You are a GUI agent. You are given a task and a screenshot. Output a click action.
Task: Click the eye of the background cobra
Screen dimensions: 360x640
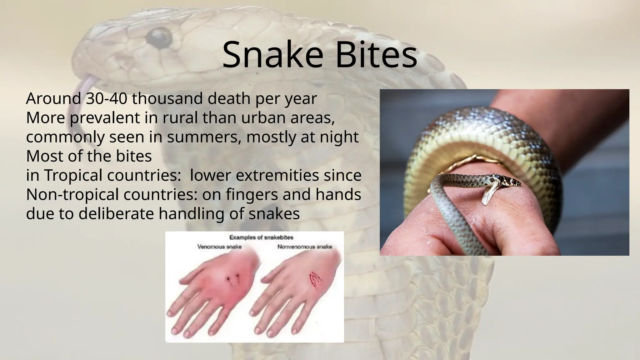[x=159, y=37]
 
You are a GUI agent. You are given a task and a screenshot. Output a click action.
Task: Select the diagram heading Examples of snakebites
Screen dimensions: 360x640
[x=261, y=237]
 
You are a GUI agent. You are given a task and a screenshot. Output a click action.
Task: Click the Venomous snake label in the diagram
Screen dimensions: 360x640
[x=219, y=247]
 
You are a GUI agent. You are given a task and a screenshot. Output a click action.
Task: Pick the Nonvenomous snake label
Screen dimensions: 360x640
[x=305, y=247]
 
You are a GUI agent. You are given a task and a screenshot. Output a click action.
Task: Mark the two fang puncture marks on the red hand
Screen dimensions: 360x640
[x=233, y=277]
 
